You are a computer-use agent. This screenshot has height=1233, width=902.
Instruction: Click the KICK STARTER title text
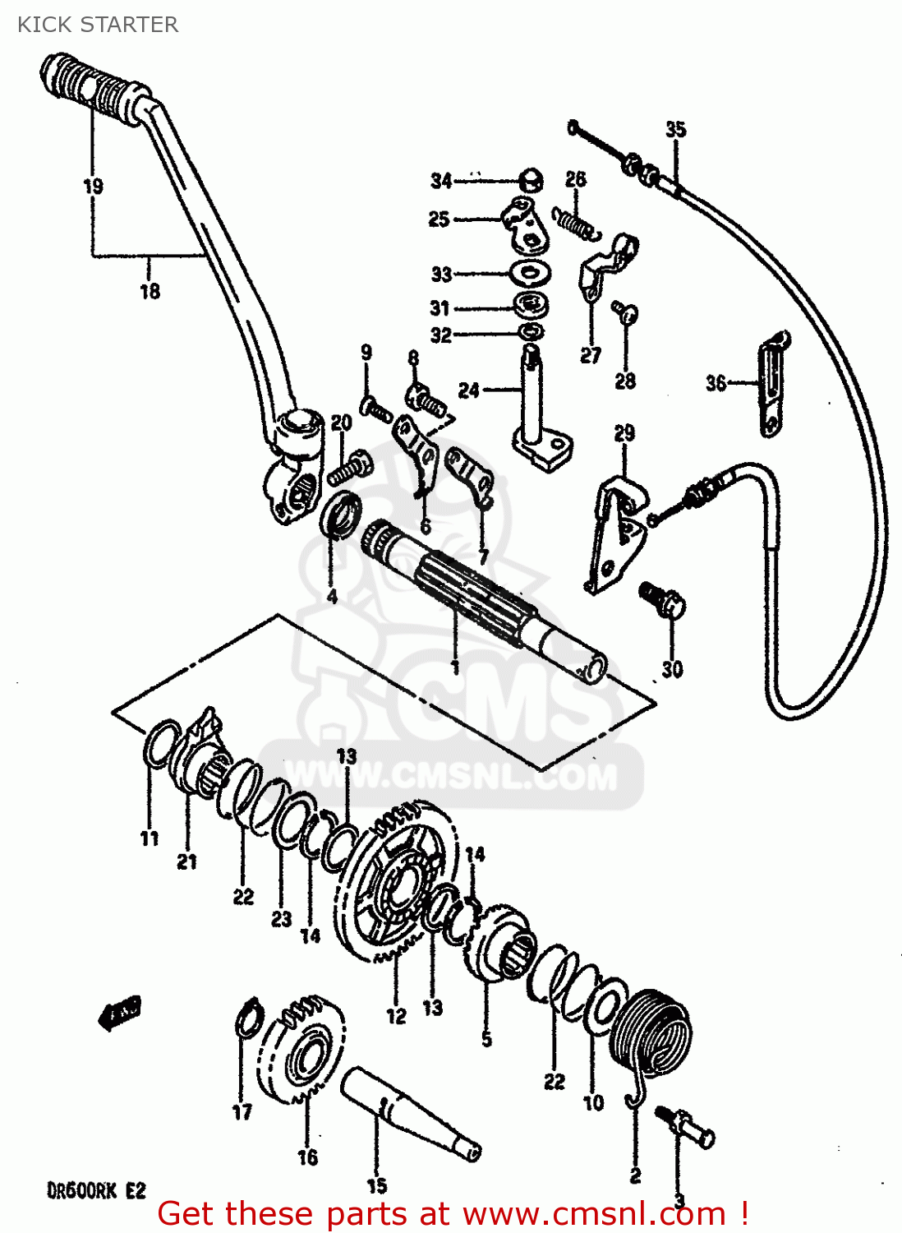pos(97,25)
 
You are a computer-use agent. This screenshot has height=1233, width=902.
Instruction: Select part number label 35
pos(675,130)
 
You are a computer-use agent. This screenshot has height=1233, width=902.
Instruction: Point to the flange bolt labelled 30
pos(664,600)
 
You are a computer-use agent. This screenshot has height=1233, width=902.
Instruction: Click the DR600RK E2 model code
pos(95,1190)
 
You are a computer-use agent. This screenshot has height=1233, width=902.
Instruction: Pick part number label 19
pos(93,187)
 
